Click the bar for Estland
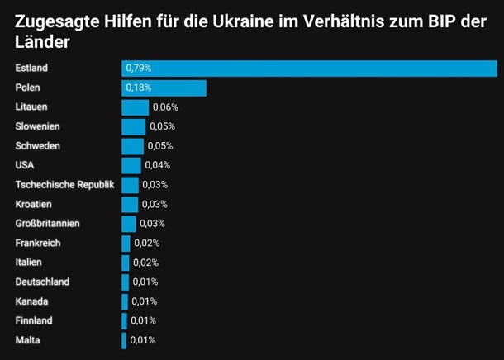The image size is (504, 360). [x=309, y=69]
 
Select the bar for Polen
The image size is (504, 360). [x=164, y=88]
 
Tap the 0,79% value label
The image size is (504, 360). [x=138, y=69]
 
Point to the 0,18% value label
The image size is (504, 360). [x=138, y=88]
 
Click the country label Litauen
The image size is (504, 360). [x=32, y=107]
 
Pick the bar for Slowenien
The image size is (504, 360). [x=133, y=126]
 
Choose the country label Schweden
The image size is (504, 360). [x=38, y=146]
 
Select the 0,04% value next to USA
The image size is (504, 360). [x=157, y=165]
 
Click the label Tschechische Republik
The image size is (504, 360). [x=64, y=184]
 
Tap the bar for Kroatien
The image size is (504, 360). [x=130, y=204]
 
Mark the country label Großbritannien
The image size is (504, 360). [x=48, y=224]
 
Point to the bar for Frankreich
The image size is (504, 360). [x=126, y=243]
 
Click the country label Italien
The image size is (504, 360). [x=31, y=263]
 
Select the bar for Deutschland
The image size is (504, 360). [x=125, y=282]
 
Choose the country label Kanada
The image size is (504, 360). [x=31, y=301]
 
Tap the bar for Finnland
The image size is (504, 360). [x=124, y=320]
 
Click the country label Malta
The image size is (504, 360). [x=27, y=340]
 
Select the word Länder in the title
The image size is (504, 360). [x=41, y=42]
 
